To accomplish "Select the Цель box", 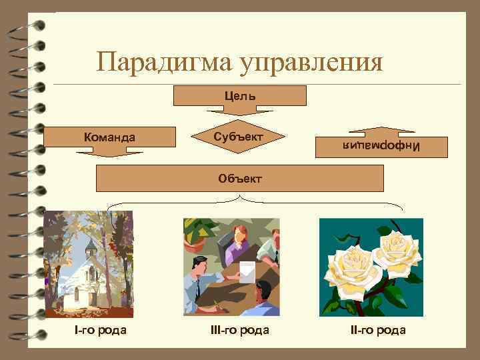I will tap(239, 95).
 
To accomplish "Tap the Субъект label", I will tap(239, 137).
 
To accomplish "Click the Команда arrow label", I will tap(109, 137).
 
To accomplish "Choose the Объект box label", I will tap(240, 178).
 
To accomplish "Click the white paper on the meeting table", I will tap(246, 270).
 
